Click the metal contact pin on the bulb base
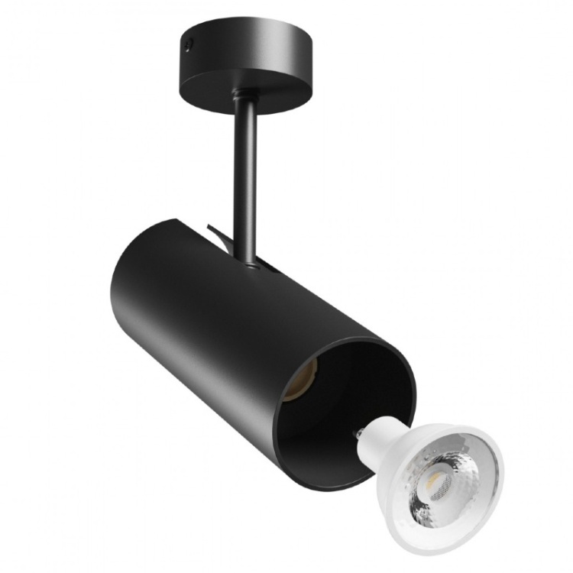pyautogui.click(x=356, y=434)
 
